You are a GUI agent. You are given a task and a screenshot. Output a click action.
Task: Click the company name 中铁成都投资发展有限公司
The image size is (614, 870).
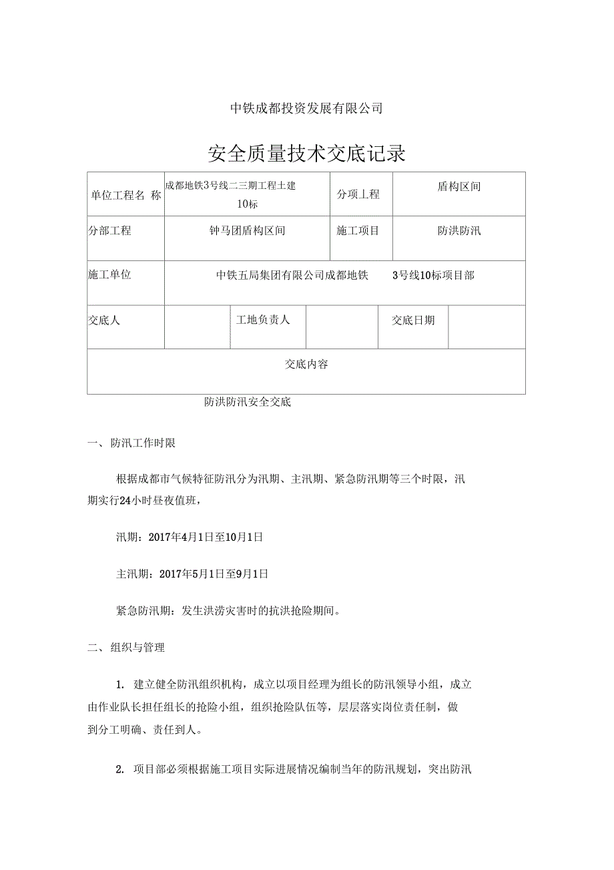pos(306,108)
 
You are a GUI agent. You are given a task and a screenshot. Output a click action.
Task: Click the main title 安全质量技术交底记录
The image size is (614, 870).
pos(307,154)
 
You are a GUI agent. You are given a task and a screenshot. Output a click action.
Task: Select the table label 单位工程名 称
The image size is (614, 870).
pos(125,195)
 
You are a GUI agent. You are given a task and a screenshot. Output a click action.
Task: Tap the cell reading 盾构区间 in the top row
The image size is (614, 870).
pos(458,187)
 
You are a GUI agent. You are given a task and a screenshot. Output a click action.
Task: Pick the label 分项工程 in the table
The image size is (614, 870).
pos(358,194)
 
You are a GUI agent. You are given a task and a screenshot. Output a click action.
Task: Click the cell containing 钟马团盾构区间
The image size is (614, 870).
pos(248,231)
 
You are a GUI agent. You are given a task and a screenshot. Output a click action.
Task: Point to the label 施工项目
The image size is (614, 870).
pos(358,231)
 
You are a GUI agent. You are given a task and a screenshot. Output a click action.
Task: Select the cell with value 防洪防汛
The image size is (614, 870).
pos(458,231)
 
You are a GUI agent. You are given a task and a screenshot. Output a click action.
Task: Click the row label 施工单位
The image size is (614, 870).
pos(109,274)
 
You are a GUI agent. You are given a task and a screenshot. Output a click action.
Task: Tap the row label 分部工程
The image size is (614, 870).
pos(109,231)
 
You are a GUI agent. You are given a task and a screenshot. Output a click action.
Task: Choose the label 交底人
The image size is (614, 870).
pos(104,320)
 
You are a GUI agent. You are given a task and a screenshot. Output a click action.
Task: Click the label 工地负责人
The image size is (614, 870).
pos(263,320)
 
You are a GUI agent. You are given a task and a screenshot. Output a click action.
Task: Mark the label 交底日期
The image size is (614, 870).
pos(413,320)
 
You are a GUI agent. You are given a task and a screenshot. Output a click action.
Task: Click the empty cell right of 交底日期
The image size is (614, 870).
pos(486,327)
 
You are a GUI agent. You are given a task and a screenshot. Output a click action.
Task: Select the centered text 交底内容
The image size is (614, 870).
pos(306,365)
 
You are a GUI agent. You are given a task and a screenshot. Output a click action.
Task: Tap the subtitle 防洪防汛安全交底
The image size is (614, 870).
pos(248,403)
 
